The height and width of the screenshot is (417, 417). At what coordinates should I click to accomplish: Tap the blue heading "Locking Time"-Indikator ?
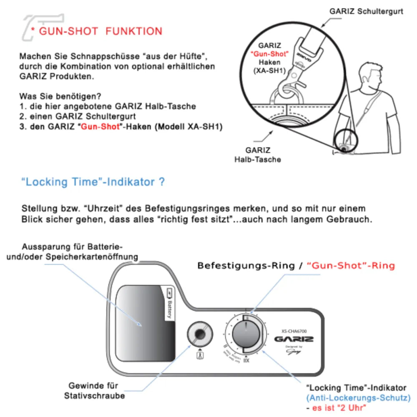93,182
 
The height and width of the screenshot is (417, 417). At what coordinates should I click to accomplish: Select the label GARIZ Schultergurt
366,11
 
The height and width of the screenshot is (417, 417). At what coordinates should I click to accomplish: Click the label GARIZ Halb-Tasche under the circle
258,155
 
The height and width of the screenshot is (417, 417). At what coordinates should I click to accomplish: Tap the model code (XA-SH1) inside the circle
269,71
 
